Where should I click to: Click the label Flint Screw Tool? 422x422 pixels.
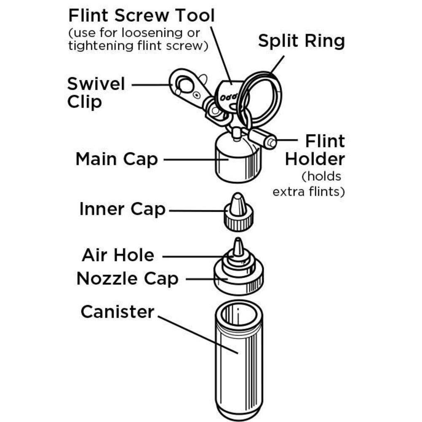[x=141, y=16]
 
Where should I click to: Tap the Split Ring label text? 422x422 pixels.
[x=301, y=41]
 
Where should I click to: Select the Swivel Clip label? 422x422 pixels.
[x=96, y=93]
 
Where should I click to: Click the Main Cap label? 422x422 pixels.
[x=116, y=160]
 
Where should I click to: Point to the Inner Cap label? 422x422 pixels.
[x=122, y=210]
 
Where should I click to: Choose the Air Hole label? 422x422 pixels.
[x=118, y=255]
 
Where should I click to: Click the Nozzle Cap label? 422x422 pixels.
[x=127, y=279]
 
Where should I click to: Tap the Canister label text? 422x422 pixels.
[x=117, y=312]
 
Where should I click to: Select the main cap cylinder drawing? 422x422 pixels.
[x=236, y=163]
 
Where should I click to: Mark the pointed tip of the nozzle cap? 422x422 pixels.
[x=238, y=245]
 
